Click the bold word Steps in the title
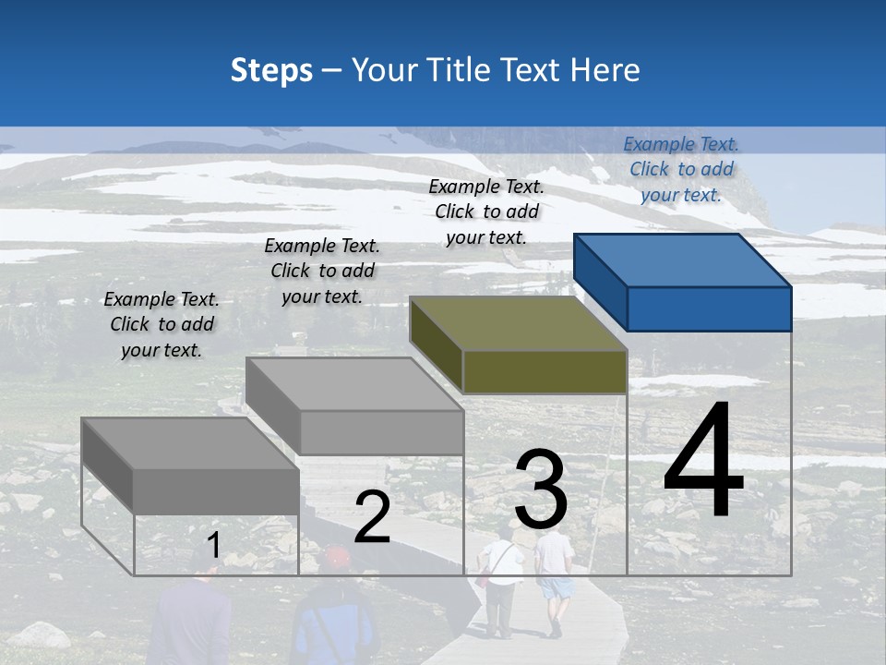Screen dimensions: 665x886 tap(271, 70)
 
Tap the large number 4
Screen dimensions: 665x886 tap(703, 462)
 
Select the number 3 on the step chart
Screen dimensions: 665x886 tap(541, 490)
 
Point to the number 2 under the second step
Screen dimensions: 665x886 tap(372, 517)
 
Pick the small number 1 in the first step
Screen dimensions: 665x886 tap(213, 545)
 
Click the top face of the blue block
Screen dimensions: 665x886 tap(682, 260)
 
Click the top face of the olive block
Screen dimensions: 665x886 tap(518, 323)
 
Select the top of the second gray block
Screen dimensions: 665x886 tap(354, 384)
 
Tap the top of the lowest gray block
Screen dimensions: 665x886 tap(190, 443)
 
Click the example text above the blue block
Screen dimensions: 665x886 tap(681, 169)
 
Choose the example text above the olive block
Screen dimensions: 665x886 tap(486, 212)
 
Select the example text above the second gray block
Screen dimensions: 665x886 tap(322, 271)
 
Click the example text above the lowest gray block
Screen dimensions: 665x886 tap(162, 324)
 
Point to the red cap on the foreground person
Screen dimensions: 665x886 tap(336, 556)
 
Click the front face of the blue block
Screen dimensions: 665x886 tap(709, 308)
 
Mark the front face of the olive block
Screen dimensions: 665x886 tap(545, 371)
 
